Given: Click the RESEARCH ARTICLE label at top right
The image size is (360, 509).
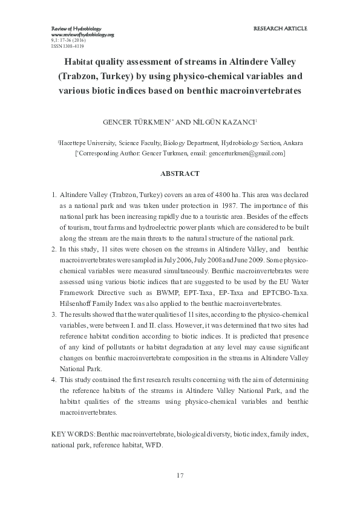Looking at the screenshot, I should (x=280, y=28).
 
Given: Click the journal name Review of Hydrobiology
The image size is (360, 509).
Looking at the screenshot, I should (x=75, y=29).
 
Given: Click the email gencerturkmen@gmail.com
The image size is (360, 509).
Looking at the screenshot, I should (x=246, y=154).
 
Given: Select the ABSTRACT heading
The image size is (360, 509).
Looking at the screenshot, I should (x=179, y=173).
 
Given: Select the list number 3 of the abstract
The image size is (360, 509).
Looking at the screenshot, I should (x=53, y=314).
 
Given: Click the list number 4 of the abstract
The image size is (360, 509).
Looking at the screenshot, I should (x=53, y=380).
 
